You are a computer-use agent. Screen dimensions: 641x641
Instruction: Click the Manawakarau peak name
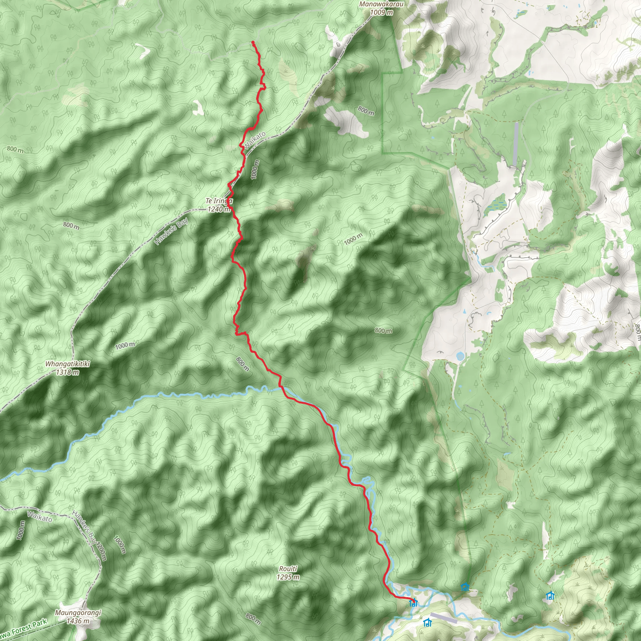click(381, 4)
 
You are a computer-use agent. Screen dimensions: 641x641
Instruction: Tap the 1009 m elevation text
click(381, 13)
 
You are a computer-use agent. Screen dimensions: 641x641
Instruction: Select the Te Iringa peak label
click(219, 201)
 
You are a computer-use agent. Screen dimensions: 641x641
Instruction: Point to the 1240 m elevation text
click(219, 209)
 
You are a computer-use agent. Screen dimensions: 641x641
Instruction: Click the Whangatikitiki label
click(67, 364)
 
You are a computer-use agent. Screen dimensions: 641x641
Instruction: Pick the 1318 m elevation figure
click(67, 372)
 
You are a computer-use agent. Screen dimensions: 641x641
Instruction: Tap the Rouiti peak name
click(288, 569)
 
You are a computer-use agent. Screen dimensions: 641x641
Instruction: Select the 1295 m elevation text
click(288, 577)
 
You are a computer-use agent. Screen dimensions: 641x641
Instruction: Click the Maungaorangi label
click(78, 613)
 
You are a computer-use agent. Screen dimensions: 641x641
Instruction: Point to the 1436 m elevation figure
click(78, 621)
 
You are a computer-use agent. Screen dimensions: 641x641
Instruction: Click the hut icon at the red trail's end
click(413, 603)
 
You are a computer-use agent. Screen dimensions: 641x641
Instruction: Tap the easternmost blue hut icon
click(550, 596)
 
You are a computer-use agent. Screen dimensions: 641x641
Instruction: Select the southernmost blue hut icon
click(427, 623)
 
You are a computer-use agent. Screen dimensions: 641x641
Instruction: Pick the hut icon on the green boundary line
click(465, 587)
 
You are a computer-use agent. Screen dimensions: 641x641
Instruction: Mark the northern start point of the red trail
click(253, 42)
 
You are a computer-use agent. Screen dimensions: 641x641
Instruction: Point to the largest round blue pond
click(460, 356)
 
